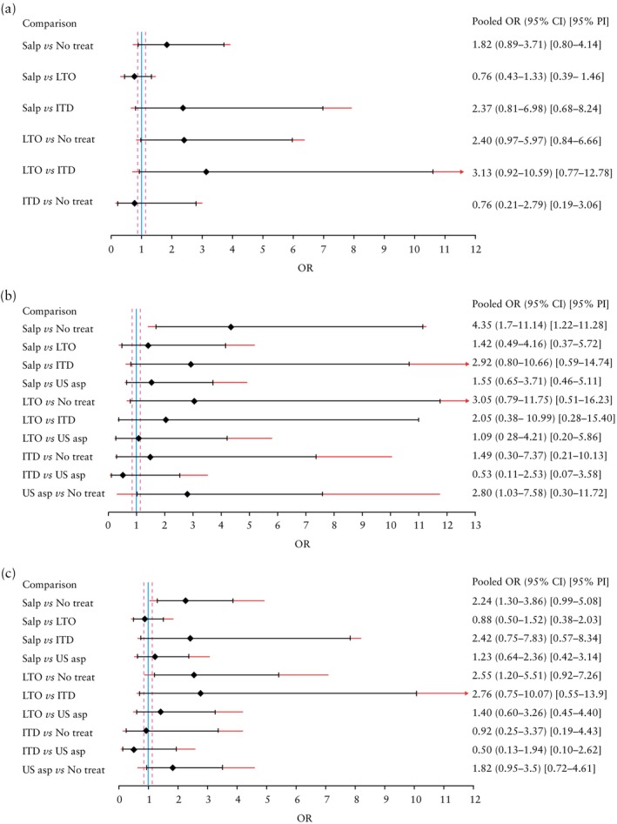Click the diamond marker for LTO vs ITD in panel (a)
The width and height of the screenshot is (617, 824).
tap(206, 171)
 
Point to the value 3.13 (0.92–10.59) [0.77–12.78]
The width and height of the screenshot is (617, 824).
tap(536, 171)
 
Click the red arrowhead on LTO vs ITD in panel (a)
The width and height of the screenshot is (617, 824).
tap(461, 171)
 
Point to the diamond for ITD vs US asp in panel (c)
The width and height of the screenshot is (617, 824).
tap(134, 749)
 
